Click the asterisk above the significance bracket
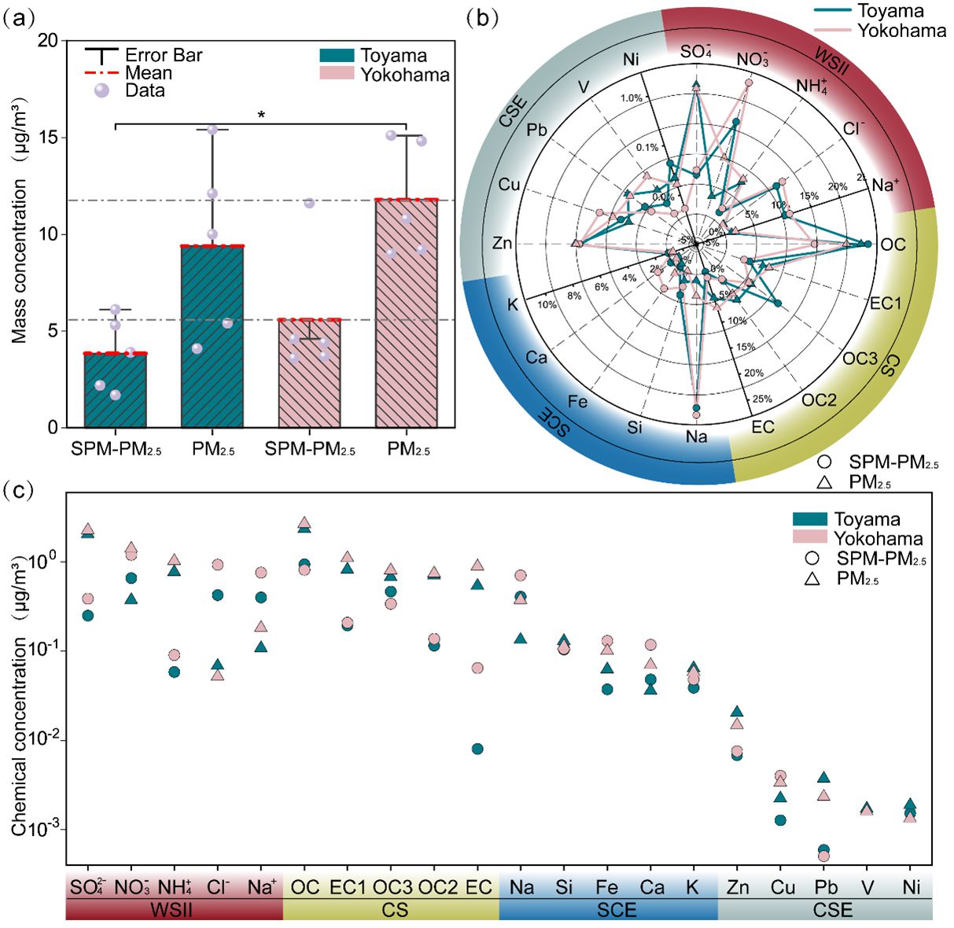[x=261, y=115]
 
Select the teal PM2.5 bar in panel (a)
[x=212, y=338]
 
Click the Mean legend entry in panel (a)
[x=148, y=73]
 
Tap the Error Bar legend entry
[x=163, y=55]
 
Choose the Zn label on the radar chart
[x=503, y=243]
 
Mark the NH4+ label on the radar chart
[x=812, y=86]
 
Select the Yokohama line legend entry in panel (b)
[x=901, y=31]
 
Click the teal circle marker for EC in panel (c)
[x=477, y=749]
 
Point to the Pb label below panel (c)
[x=825, y=887]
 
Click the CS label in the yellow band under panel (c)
[x=395, y=910]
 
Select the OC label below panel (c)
[x=305, y=887]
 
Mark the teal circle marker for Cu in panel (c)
[x=780, y=819]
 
